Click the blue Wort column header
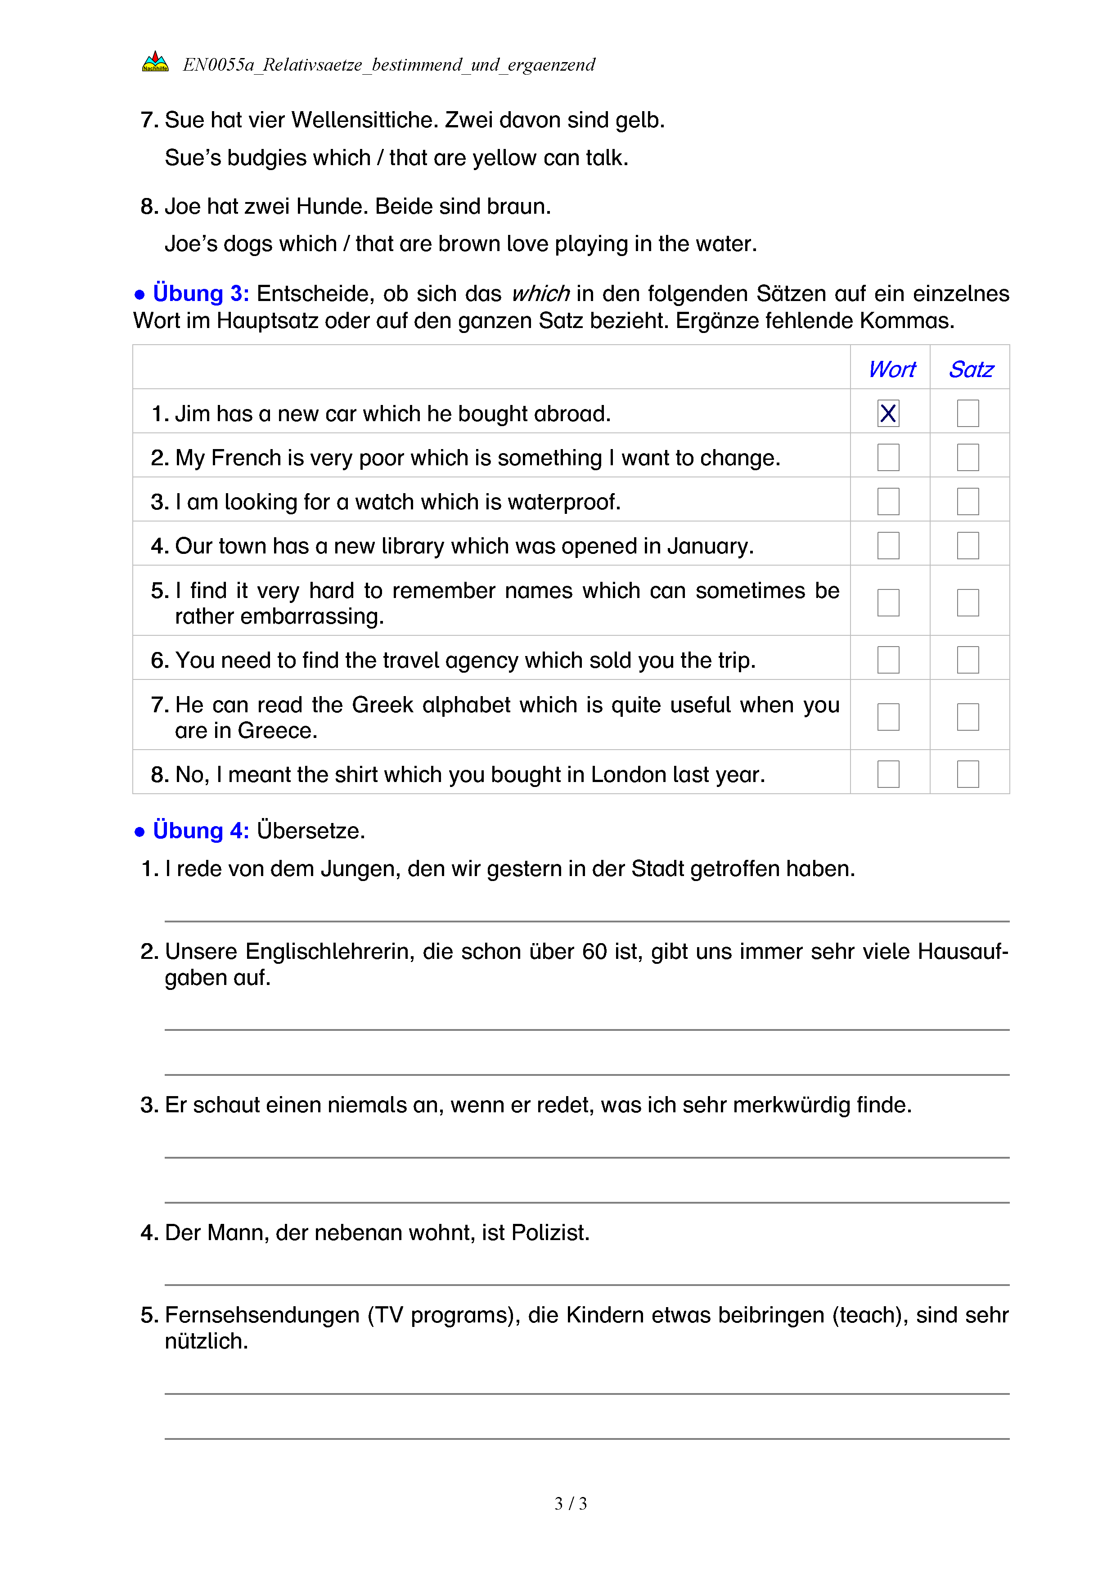[891, 370]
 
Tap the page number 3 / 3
[570, 1504]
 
